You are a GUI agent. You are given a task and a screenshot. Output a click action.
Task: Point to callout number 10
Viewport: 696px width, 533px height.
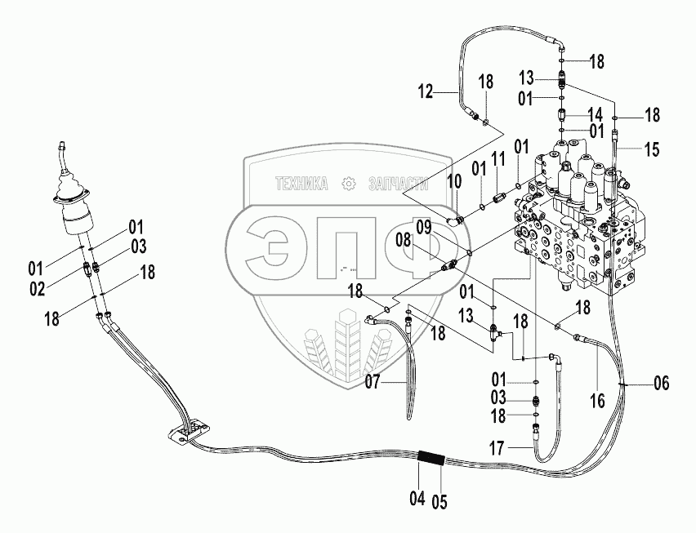[454, 180]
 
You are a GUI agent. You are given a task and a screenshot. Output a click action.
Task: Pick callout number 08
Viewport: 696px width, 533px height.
[426, 240]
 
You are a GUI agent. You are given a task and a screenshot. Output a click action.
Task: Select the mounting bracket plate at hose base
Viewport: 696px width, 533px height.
[187, 433]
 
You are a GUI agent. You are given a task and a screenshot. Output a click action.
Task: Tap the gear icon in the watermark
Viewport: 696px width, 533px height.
[350, 184]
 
